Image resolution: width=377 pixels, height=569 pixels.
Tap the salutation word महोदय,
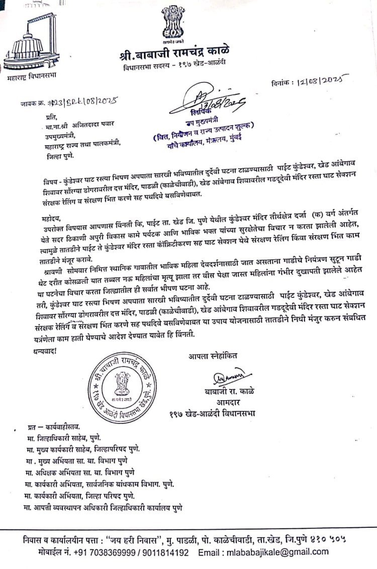(50, 219)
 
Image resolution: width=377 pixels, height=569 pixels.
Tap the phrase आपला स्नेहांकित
(214, 357)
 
